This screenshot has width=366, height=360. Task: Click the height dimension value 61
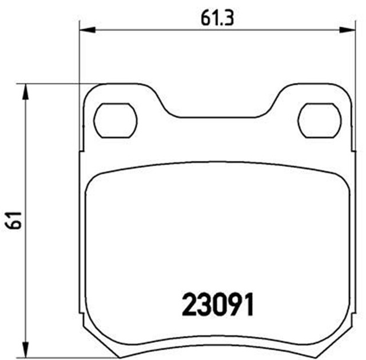(x=15, y=219)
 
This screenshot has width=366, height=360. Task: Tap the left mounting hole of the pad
(x=116, y=121)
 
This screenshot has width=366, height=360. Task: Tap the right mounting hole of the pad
(x=321, y=121)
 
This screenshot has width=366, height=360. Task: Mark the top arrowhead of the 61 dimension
(x=25, y=89)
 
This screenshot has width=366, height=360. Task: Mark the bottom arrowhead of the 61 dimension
(x=25, y=349)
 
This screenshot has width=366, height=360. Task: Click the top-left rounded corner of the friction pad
(x=95, y=179)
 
